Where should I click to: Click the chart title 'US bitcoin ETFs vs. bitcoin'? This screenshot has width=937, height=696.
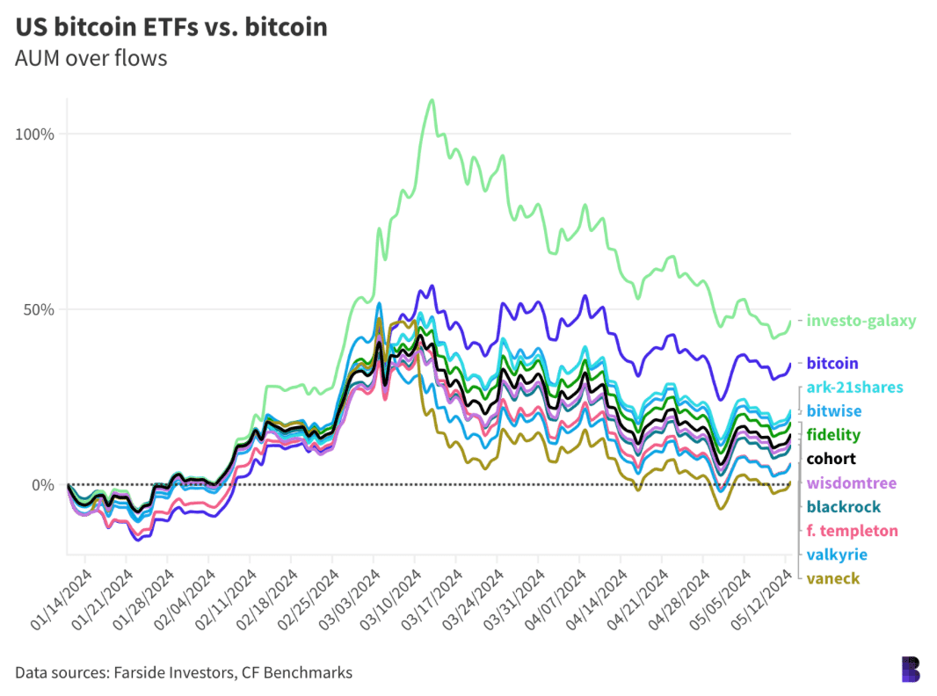[x=171, y=27]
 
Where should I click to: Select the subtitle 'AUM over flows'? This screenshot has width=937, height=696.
[x=91, y=59]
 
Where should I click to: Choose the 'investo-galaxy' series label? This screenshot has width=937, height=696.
[x=861, y=321]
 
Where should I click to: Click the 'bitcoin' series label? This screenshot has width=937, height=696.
[x=832, y=363]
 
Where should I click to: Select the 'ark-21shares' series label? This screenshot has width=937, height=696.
[x=854, y=388]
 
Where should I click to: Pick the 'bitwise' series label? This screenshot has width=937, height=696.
[x=834, y=411]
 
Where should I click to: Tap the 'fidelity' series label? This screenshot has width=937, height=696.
[x=833, y=435]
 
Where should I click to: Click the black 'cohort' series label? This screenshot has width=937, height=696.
[x=831, y=459]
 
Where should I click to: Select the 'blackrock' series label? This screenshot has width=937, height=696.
[x=841, y=507]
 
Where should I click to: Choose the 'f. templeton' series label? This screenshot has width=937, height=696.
[x=852, y=531]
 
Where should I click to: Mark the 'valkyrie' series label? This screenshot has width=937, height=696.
[x=837, y=555]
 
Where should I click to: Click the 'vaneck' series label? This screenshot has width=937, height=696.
[x=833, y=578]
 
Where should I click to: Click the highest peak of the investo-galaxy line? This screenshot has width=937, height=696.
[x=431, y=100]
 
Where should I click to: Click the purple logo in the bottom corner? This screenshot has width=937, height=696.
[x=911, y=669]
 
